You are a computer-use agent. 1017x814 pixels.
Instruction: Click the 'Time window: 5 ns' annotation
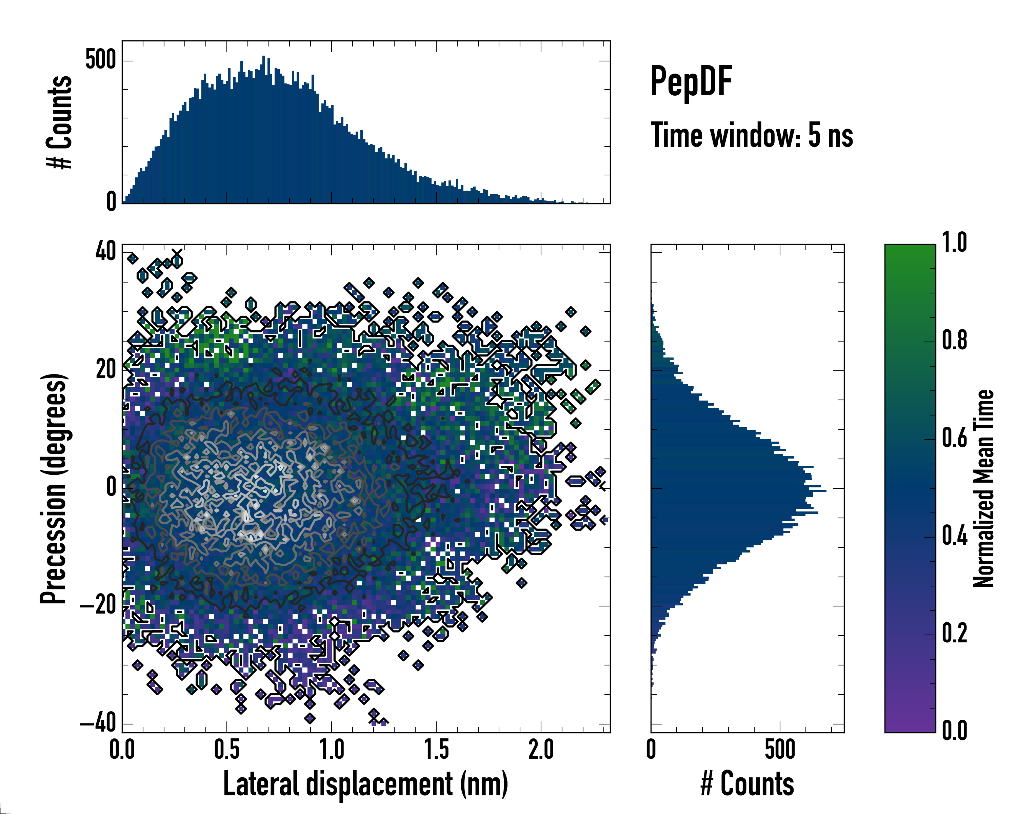[752, 135]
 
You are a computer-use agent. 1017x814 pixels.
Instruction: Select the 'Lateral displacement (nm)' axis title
[365, 784]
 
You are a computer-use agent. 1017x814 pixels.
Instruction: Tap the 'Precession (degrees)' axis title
[53, 489]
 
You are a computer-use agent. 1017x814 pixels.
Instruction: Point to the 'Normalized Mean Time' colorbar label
[983, 489]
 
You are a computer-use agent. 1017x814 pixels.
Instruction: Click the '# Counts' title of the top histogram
[59, 122]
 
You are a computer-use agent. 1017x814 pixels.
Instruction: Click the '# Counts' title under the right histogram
[747, 784]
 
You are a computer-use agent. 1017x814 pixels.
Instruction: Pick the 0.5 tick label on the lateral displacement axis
[227, 750]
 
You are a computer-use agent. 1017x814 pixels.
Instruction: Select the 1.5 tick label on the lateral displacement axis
[436, 750]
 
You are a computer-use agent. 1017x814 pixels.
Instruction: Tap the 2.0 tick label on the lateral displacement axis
[541, 750]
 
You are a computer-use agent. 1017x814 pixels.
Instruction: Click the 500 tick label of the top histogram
[100, 60]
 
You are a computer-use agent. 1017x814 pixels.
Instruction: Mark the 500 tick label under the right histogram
[780, 750]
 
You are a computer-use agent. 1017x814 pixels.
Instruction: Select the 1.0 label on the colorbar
[955, 243]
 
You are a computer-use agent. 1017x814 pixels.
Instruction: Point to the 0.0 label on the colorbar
[955, 731]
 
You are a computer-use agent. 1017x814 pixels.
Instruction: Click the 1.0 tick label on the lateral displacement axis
[332, 750]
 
